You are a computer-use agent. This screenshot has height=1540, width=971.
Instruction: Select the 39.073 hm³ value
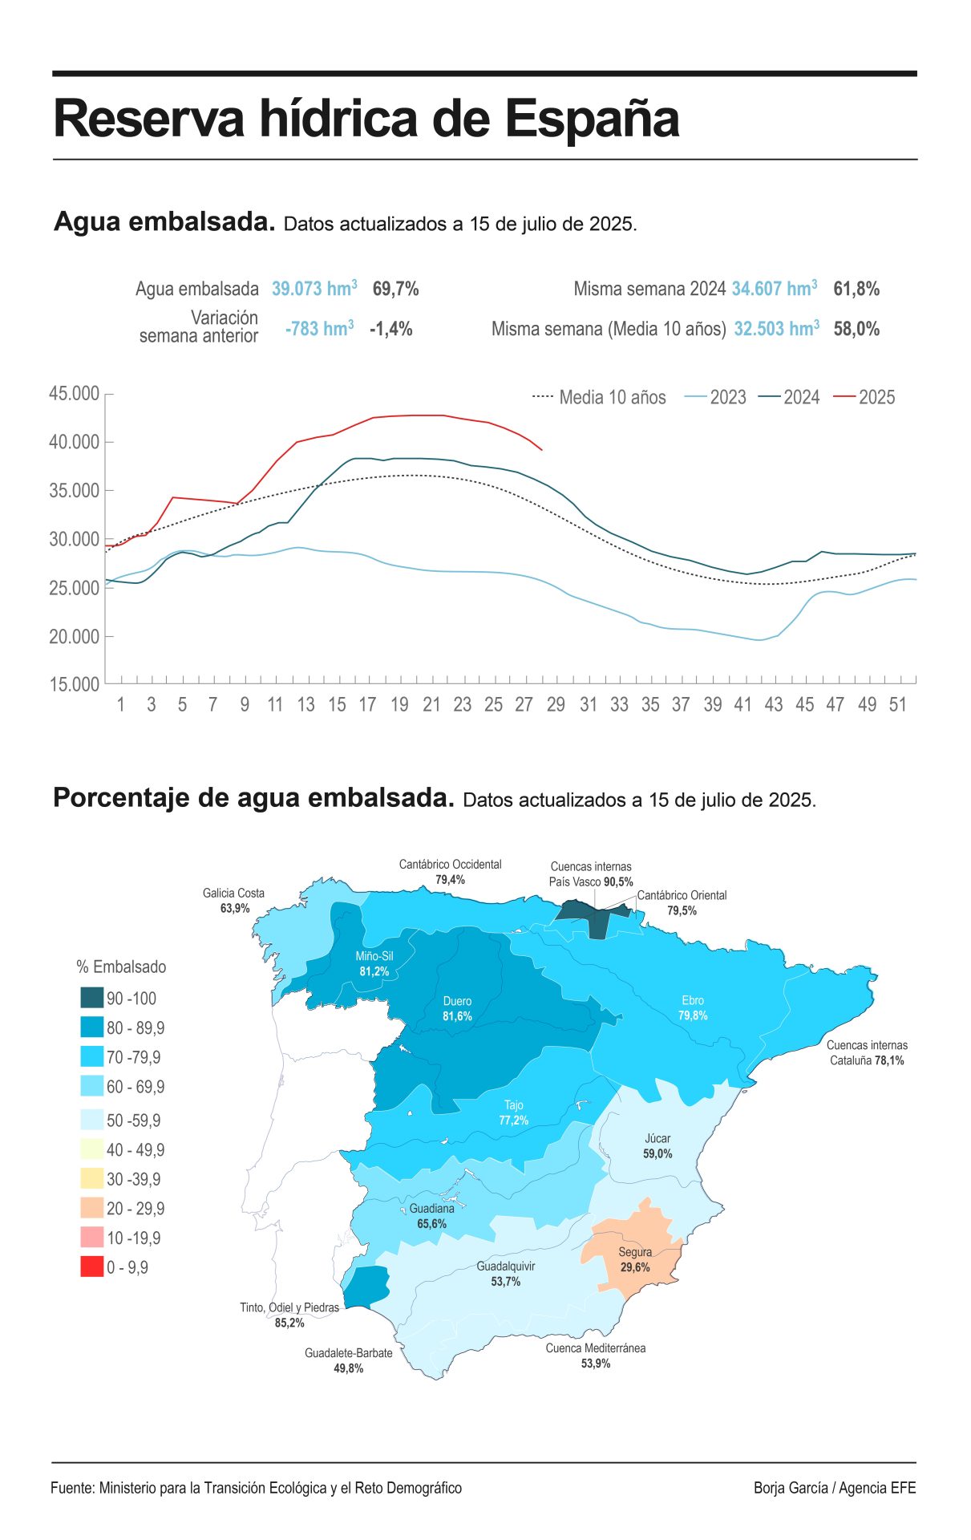point(314,289)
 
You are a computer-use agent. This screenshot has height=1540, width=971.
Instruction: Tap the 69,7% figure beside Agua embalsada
point(395,289)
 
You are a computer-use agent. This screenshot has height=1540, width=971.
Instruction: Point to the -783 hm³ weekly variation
point(319,329)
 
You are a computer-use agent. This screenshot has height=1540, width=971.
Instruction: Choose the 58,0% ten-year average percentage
point(856,329)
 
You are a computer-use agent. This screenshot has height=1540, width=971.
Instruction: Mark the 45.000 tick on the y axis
point(74,394)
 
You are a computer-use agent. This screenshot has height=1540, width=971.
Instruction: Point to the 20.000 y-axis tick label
point(74,637)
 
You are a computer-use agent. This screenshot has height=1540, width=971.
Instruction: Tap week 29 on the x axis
point(556,705)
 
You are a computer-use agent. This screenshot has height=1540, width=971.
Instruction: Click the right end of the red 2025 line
point(542,450)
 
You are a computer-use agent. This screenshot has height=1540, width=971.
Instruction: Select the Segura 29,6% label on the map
point(634,1259)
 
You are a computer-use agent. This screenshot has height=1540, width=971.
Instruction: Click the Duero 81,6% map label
point(457,1008)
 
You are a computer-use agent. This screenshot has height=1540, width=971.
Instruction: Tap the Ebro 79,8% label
point(693,1007)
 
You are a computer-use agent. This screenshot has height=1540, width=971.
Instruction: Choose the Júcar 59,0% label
point(657,1146)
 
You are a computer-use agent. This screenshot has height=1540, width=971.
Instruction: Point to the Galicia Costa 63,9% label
point(233,901)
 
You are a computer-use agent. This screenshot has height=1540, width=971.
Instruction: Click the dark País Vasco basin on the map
point(589,917)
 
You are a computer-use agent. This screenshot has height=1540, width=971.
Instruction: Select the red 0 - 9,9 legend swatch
point(91,1267)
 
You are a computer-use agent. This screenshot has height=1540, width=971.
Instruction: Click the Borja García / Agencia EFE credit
point(834,1488)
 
